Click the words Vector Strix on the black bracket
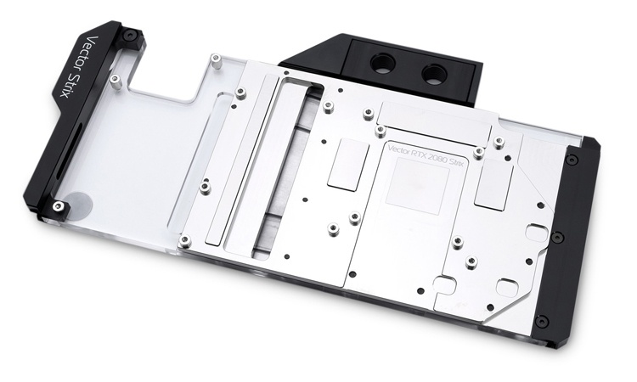point(76,67)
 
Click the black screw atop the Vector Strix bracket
point(130,36)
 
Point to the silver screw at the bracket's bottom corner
point(59,205)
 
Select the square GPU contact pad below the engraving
point(418,186)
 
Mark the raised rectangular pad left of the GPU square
point(348,164)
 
